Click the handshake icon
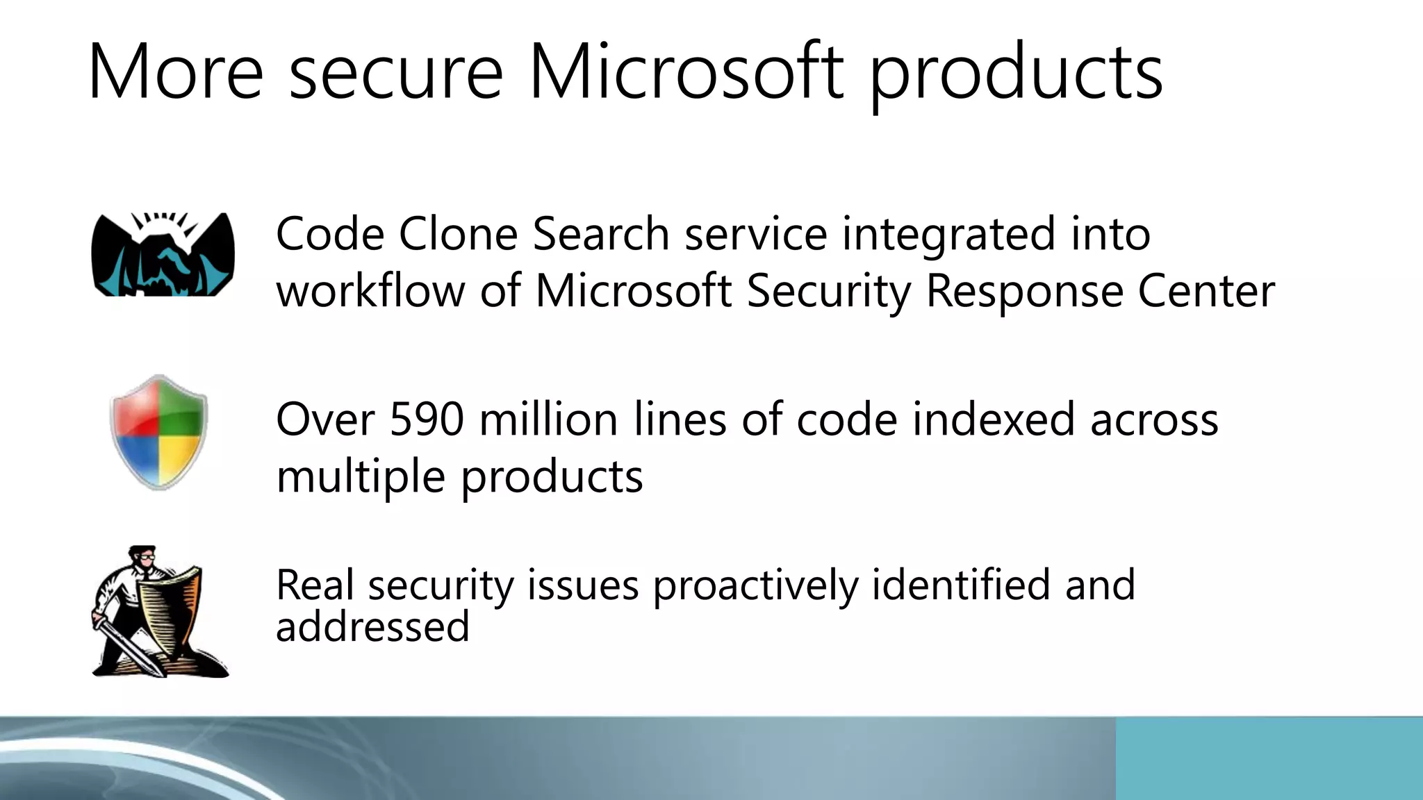point(163,254)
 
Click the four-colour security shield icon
point(159,431)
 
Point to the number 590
point(427,419)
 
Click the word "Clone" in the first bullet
point(458,234)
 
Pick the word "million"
point(548,419)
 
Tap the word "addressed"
point(372,626)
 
